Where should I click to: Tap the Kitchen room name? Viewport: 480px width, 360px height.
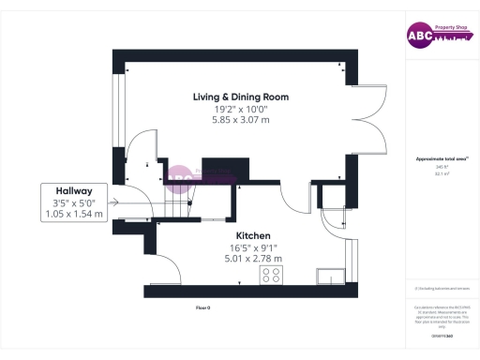(253, 234)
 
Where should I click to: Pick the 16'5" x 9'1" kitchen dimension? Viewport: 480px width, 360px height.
(253, 247)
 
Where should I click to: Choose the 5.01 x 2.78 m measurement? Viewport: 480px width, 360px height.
(253, 258)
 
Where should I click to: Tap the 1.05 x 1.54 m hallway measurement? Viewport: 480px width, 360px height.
(73, 214)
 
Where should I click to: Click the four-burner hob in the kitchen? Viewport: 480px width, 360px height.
(272, 275)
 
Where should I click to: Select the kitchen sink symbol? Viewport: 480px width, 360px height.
(330, 275)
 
